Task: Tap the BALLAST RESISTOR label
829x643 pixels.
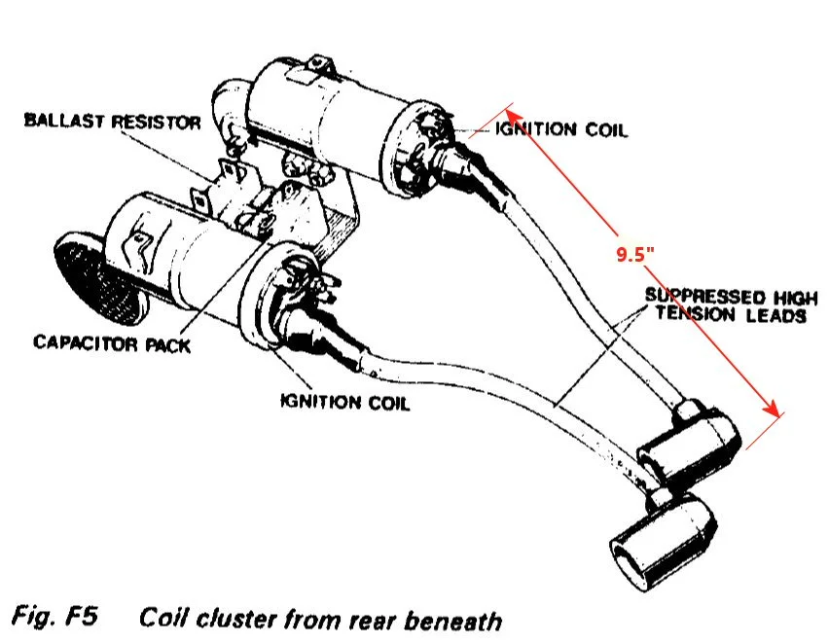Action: click(x=113, y=123)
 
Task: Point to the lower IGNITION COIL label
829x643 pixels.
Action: click(x=344, y=402)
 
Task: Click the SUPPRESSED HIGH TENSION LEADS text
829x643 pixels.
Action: click(x=726, y=305)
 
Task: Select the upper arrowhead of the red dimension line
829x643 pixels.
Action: click(x=509, y=109)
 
